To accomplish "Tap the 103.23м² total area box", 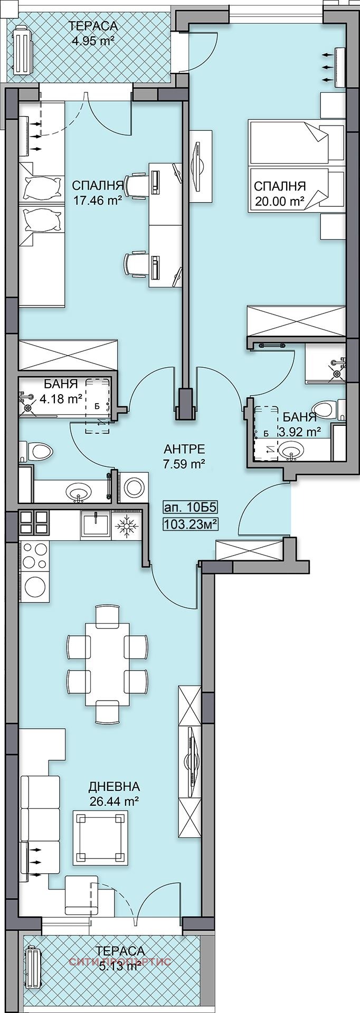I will (x=192, y=524).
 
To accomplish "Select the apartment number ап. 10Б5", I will (x=191, y=508).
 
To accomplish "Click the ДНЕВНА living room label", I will (x=114, y=787).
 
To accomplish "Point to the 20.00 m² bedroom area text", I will (x=279, y=201).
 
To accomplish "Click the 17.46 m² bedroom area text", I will (x=97, y=200).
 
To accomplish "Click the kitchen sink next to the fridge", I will (x=95, y=524).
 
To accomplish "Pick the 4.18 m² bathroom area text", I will (x=59, y=399).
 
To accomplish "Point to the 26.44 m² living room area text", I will (x=114, y=801).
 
